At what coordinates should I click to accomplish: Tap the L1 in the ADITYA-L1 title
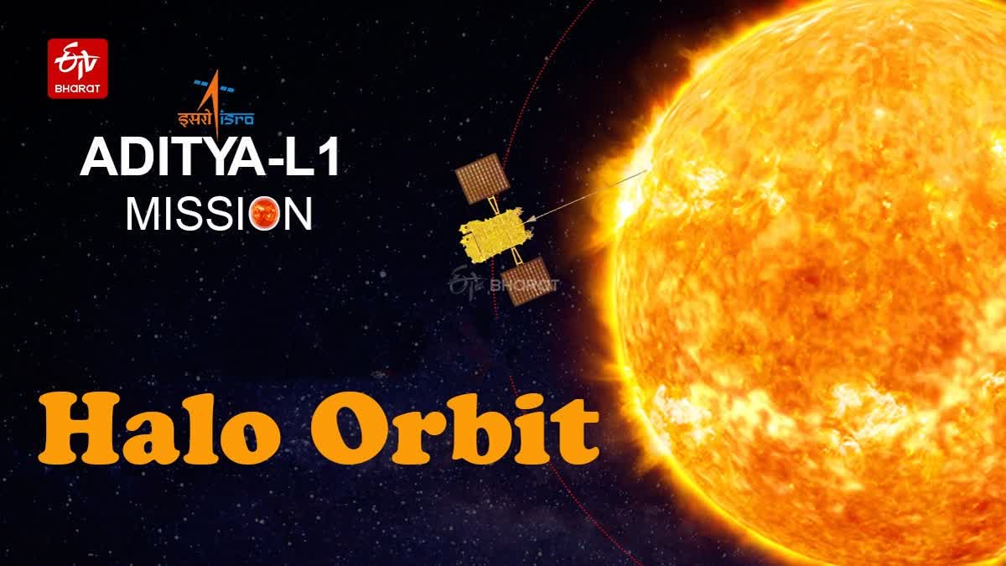pos(312,160)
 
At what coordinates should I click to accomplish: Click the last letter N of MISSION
pos(296,213)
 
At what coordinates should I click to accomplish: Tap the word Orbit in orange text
pos(453,430)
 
